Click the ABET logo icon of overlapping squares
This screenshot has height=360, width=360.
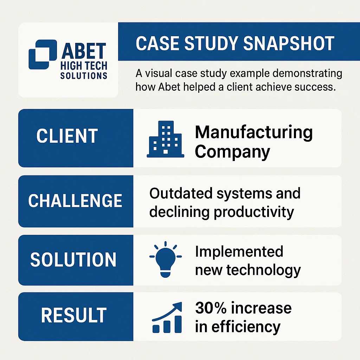click(x=43, y=54)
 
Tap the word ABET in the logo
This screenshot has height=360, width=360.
click(x=84, y=51)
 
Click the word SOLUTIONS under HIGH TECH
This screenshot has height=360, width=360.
click(x=84, y=76)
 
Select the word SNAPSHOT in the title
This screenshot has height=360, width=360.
click(x=289, y=43)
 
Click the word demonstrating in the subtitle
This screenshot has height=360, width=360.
click(x=307, y=74)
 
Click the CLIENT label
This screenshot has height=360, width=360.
click(x=67, y=136)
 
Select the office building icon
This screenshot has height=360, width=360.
click(x=165, y=139)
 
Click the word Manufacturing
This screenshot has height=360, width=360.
click(x=254, y=133)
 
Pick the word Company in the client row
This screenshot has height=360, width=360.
click(x=232, y=152)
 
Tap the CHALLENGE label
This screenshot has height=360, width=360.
click(x=75, y=201)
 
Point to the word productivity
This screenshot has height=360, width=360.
click(x=254, y=212)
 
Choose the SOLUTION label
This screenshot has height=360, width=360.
click(x=73, y=259)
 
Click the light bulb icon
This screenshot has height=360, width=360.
click(x=165, y=259)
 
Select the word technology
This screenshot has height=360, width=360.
click(x=264, y=270)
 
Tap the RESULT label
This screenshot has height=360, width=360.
click(x=74, y=315)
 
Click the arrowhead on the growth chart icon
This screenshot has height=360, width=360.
click(x=177, y=307)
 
